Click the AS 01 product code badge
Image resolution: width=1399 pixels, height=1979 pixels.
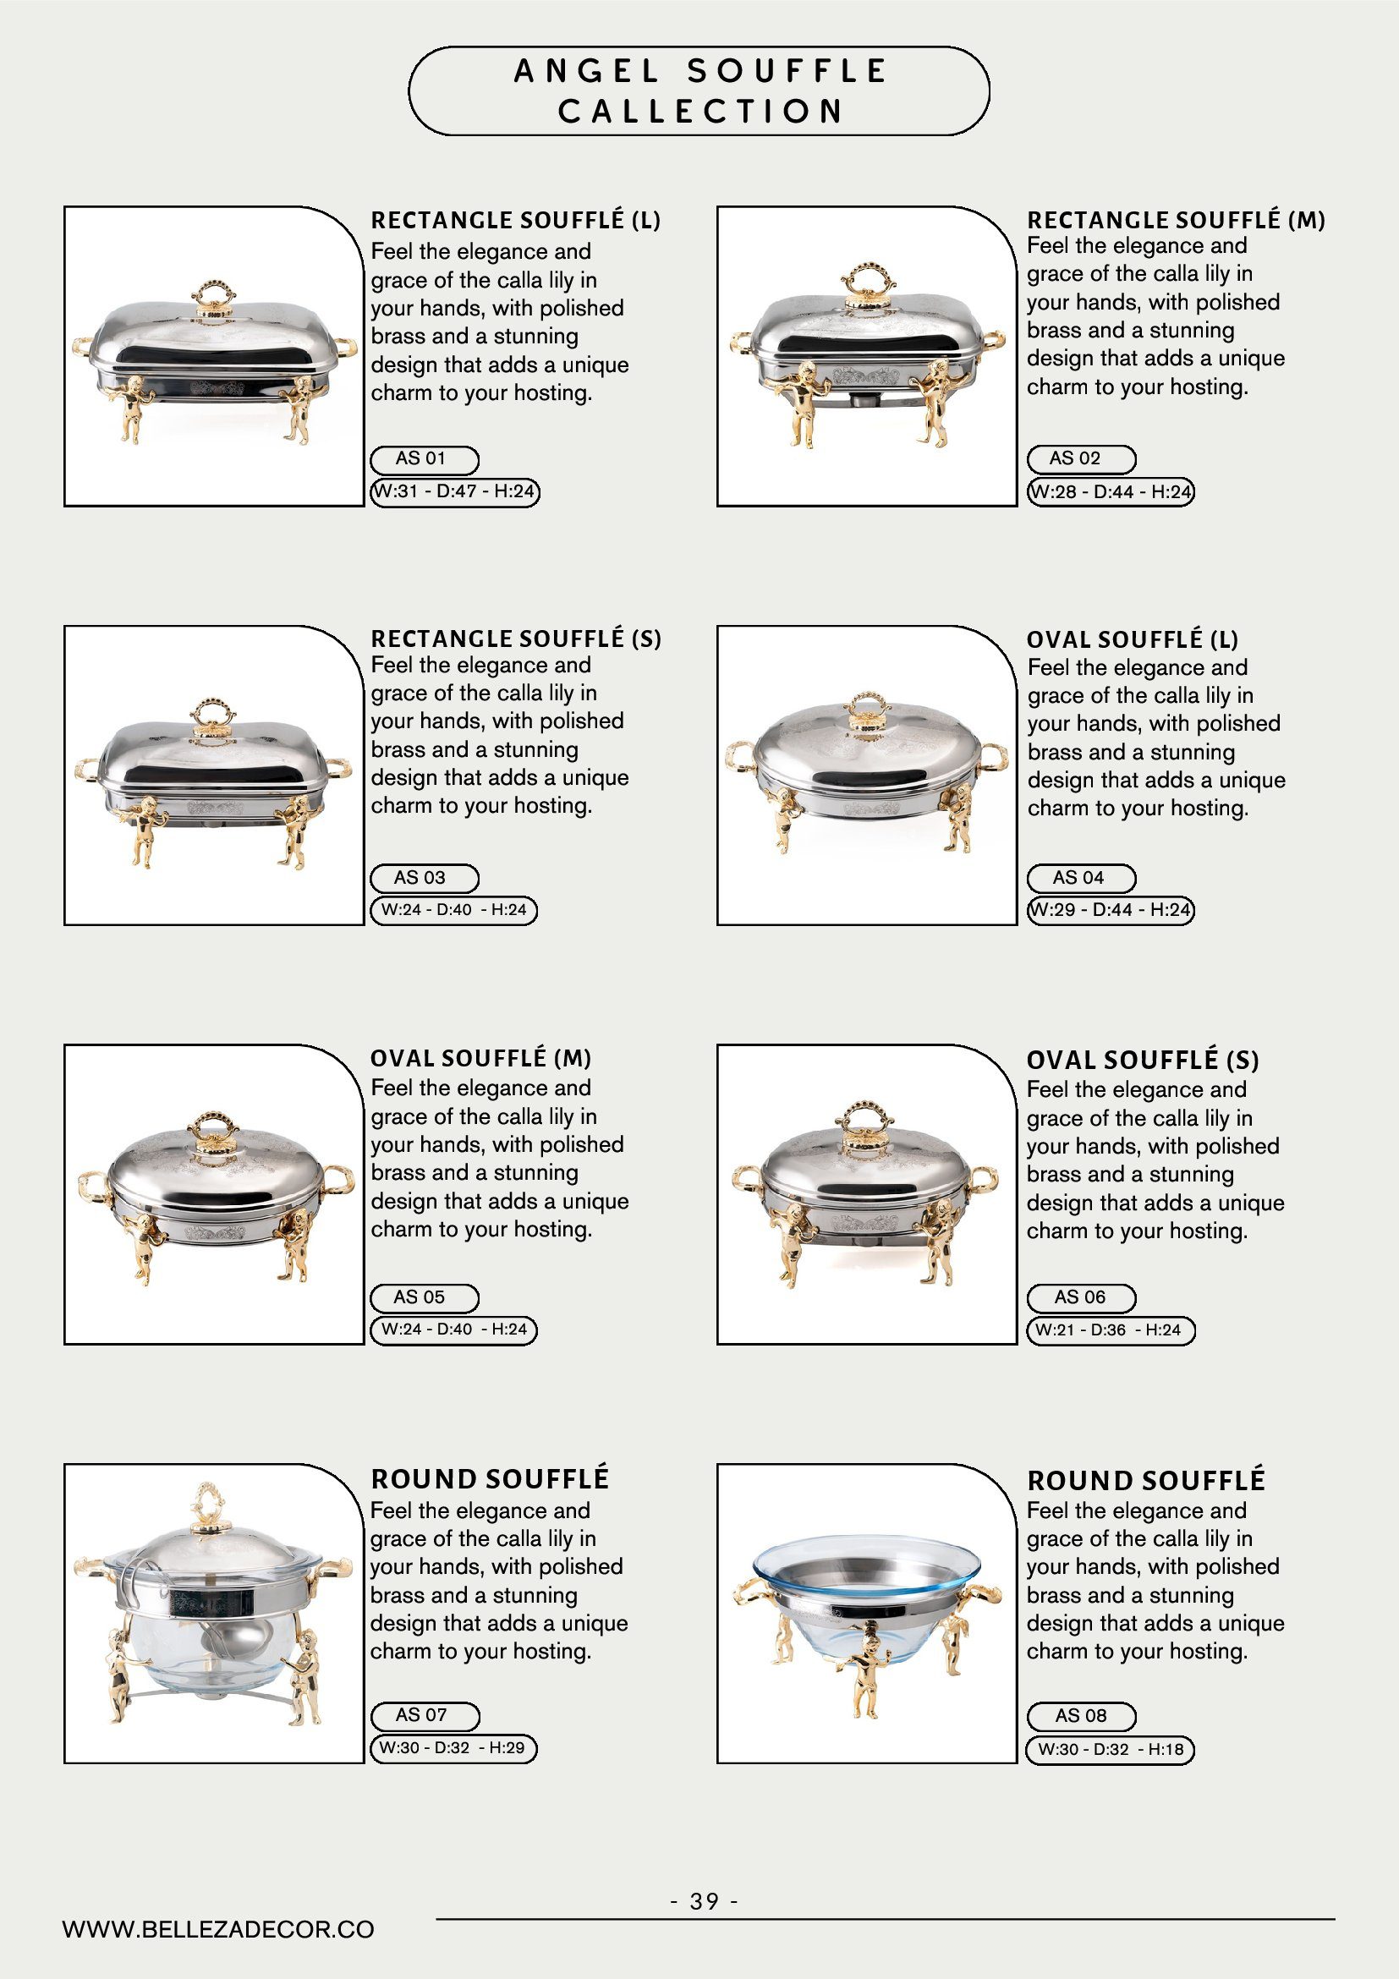click(x=424, y=459)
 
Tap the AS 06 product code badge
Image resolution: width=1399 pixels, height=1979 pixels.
click(x=1081, y=1297)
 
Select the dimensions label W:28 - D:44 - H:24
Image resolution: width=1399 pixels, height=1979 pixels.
click(x=1111, y=492)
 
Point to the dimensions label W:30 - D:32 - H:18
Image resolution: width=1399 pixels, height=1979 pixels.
click(x=1111, y=1749)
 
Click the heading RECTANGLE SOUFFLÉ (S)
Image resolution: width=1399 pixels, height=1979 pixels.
click(x=515, y=639)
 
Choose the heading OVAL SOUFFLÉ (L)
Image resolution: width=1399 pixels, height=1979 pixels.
click(x=1132, y=639)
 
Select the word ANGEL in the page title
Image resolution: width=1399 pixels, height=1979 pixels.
click(x=586, y=72)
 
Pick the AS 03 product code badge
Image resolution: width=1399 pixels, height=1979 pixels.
click(x=424, y=879)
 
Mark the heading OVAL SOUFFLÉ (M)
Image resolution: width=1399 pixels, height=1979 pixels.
click(x=481, y=1059)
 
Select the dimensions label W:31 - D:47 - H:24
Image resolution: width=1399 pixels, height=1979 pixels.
click(x=454, y=492)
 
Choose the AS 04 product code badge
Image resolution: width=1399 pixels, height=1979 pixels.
click(x=1081, y=879)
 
